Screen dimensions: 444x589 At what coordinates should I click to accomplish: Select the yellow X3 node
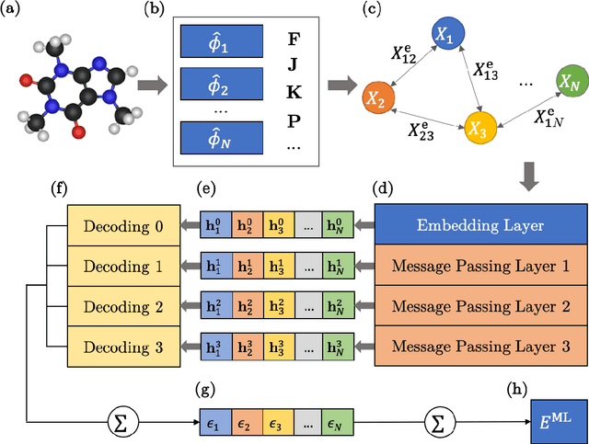click(x=479, y=127)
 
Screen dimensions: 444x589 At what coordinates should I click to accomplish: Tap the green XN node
click(x=569, y=81)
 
